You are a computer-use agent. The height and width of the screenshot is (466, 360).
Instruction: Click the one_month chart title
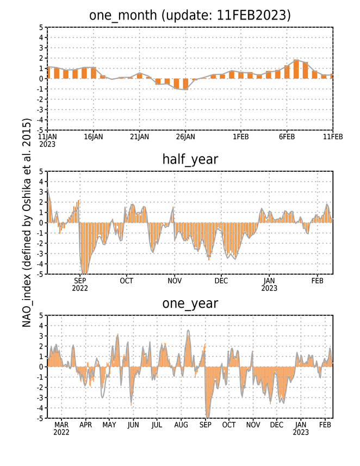(190, 15)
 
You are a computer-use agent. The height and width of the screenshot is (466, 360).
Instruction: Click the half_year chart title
(190, 159)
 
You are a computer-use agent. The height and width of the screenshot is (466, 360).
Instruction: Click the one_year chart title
(190, 303)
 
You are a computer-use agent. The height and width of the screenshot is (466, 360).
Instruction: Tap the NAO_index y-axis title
(27, 222)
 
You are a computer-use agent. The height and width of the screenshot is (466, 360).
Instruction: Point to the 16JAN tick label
(94, 136)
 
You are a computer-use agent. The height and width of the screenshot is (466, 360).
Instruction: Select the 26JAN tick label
(185, 136)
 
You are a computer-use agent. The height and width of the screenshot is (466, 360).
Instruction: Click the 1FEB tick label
(240, 136)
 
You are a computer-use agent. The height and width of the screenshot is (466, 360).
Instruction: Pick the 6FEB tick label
(287, 136)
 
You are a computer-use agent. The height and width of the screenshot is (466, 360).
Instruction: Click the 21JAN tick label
(140, 136)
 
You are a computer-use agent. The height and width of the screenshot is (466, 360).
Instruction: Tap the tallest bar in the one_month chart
(296, 69)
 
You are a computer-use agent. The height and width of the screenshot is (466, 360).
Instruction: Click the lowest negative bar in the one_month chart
(185, 84)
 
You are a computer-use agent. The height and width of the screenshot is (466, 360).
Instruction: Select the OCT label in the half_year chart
(126, 281)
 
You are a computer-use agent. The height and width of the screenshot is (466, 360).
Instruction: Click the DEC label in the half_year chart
(221, 281)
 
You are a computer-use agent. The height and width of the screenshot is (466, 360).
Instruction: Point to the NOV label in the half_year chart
(175, 281)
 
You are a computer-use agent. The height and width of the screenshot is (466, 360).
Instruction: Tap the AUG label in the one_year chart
(181, 425)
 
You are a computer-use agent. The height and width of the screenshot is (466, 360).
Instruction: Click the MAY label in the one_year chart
(109, 425)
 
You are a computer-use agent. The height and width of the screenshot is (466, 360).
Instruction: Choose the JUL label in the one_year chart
(157, 425)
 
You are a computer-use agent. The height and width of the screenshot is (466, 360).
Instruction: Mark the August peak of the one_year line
(188, 330)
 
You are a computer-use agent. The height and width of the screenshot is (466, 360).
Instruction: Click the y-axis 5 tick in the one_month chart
(41, 27)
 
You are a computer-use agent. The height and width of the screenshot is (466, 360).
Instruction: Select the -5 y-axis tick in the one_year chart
(40, 418)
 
